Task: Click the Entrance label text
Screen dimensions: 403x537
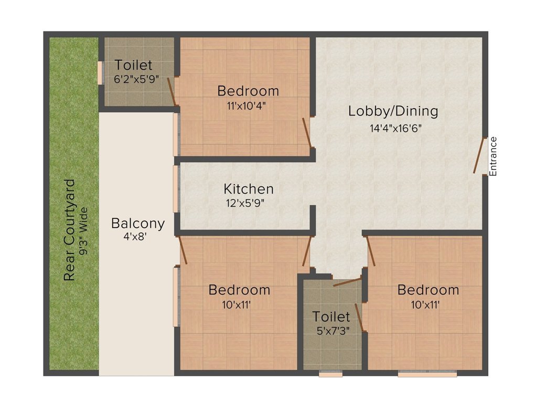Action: point(492,156)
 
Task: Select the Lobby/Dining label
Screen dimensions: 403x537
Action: point(393,111)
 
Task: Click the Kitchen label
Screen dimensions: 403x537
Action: point(249,189)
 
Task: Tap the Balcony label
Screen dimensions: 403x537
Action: point(138,223)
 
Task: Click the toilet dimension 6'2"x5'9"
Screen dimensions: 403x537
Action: point(133,80)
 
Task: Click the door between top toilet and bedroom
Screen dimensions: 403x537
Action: point(171,92)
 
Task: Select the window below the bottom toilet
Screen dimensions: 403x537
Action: point(330,374)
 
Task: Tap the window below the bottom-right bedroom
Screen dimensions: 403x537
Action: point(427,374)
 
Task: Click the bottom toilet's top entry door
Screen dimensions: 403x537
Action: point(346,282)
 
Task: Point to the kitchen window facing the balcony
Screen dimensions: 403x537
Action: point(176,189)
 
